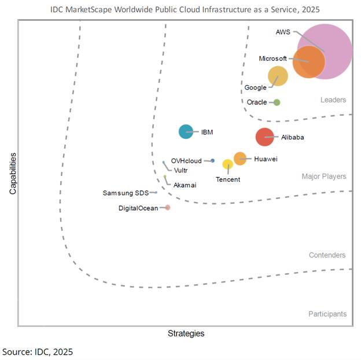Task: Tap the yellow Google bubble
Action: pos(278,76)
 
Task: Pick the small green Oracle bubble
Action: pos(277,102)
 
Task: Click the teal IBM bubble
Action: pos(186,132)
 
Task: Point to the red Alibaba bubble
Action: pos(264,137)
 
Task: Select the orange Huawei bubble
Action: pos(240,159)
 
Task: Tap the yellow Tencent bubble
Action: pos(228,164)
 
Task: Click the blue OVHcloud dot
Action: pos(212,160)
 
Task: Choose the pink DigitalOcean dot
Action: pos(167,207)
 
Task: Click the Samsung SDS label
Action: pos(126,193)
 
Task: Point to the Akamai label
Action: pos(185,185)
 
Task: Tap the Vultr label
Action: pos(180,171)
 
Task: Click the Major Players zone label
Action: pos(323,177)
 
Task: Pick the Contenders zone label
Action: pos(327,255)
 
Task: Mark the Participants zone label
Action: pos(327,314)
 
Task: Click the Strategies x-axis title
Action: pos(186,334)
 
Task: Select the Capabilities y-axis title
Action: pos(12,173)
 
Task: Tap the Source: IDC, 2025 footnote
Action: pos(38,351)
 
